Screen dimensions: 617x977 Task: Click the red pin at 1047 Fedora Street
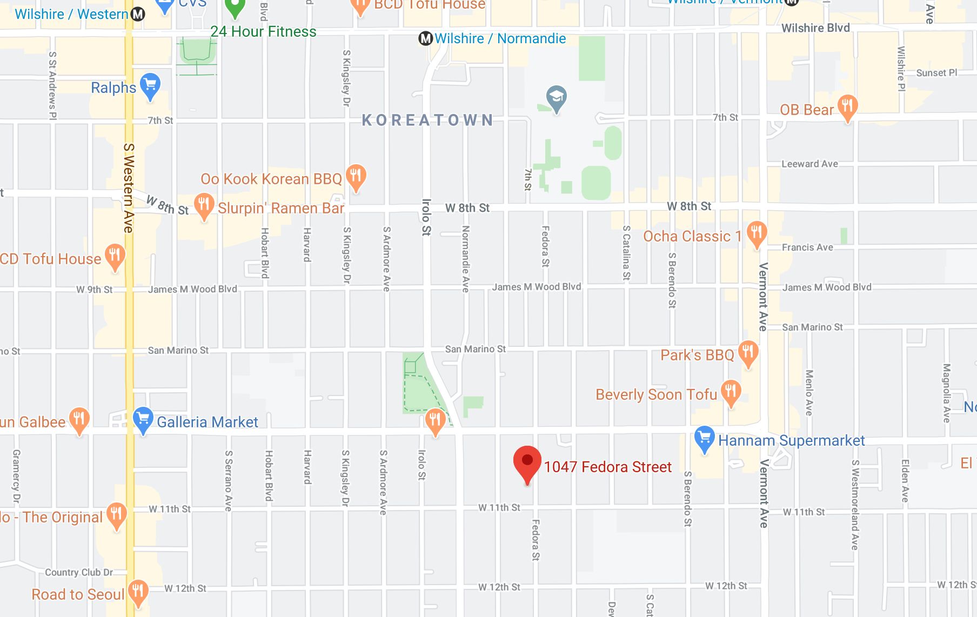coord(527,462)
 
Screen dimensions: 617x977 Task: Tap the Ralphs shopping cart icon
coord(150,85)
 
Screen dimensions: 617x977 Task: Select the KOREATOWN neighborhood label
coord(427,120)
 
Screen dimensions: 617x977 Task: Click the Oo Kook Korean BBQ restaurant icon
coord(355,176)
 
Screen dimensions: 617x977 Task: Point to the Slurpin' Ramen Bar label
coord(281,208)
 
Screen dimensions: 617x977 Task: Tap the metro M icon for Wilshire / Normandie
coord(426,38)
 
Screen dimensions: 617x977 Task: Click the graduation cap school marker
coord(556,98)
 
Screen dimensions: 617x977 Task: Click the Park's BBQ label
coord(697,355)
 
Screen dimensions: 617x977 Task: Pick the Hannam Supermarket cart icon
coord(705,438)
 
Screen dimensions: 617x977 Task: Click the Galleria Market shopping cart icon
coord(143,419)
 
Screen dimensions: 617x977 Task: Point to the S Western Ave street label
coord(129,187)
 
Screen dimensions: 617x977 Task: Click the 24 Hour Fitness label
coord(263,31)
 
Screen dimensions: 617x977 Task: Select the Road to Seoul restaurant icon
coord(138,591)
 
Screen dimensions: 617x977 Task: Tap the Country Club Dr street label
coord(79,572)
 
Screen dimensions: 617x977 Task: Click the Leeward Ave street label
coord(809,164)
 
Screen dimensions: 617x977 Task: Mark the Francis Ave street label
coord(807,247)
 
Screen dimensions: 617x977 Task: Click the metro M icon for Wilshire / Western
coord(138,14)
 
